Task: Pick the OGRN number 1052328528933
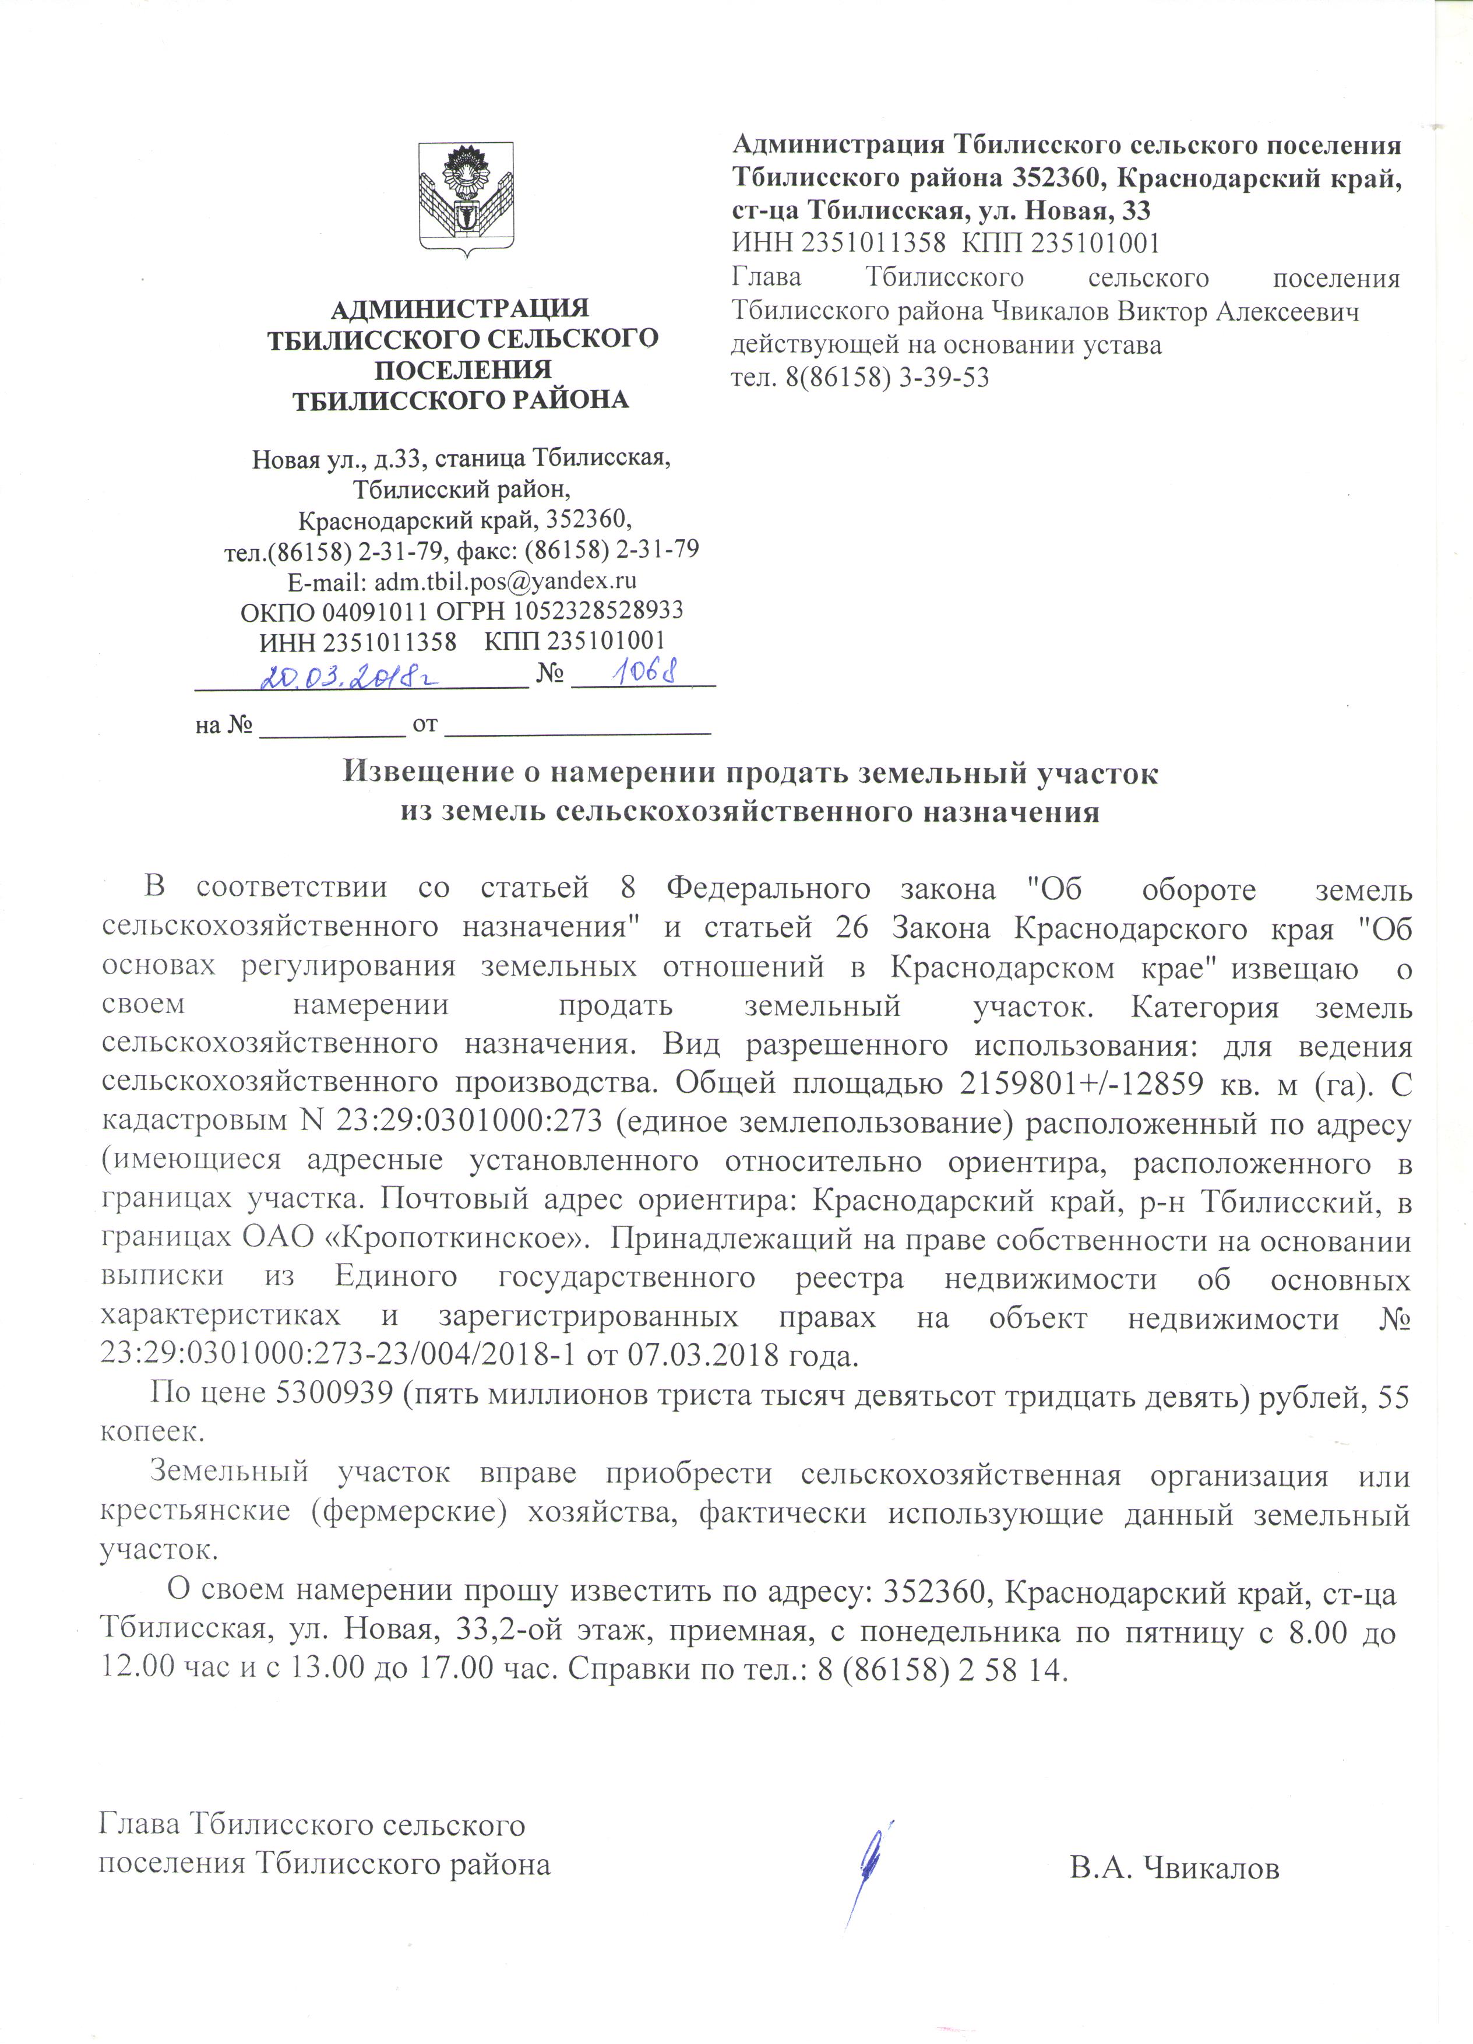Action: click(597, 611)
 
